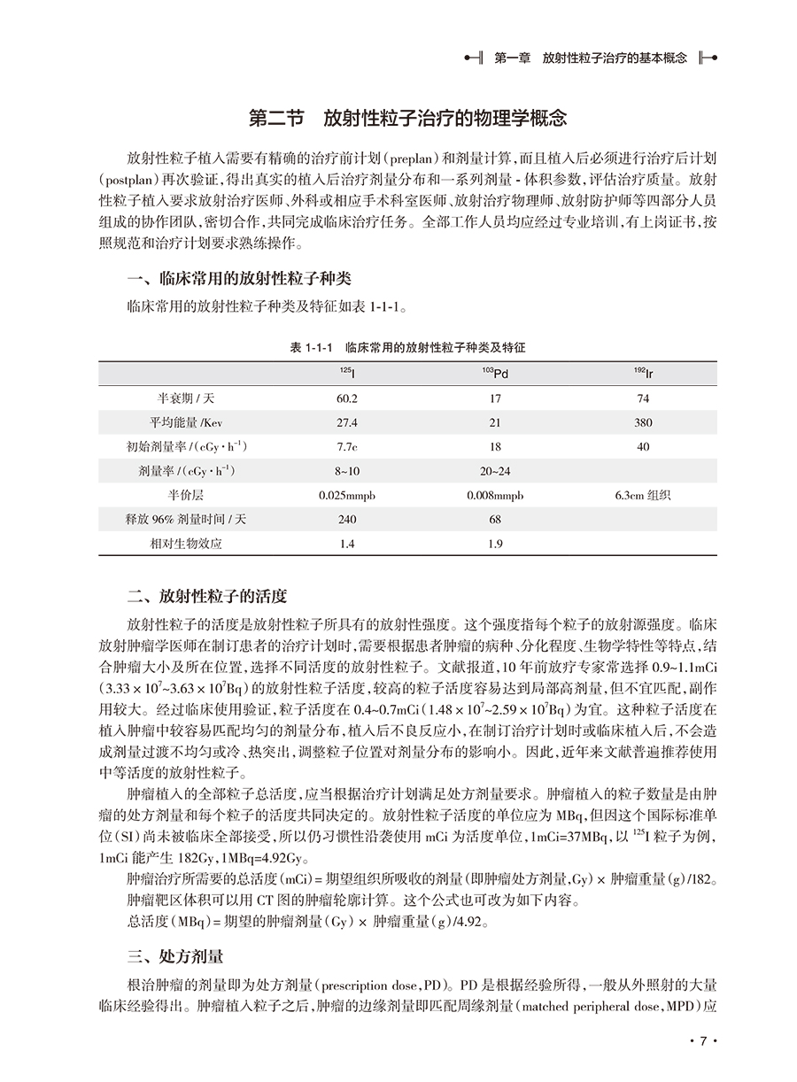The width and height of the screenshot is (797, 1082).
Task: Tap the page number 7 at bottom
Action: (701, 1041)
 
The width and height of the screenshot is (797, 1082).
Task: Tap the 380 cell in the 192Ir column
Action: (643, 423)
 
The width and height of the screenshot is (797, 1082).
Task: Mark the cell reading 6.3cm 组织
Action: (643, 495)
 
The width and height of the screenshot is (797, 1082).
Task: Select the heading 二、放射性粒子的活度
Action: (207, 594)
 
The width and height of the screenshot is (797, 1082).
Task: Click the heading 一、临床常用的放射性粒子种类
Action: (239, 279)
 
